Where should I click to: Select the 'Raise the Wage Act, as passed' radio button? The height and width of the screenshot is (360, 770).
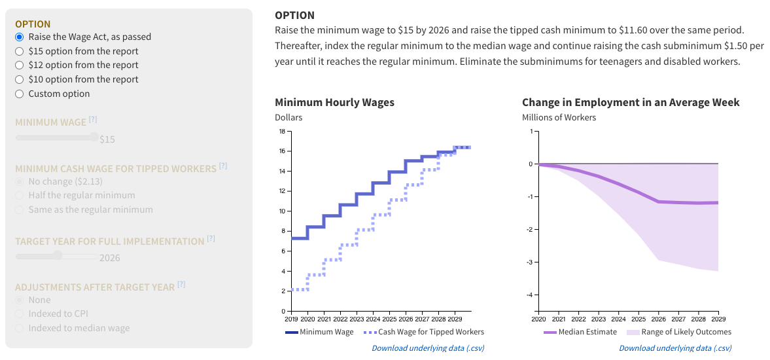(x=20, y=37)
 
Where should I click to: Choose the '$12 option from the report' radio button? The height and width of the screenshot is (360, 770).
(x=20, y=65)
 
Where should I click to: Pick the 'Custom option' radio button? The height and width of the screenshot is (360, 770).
(x=20, y=94)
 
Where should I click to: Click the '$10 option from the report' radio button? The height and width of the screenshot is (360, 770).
(x=20, y=79)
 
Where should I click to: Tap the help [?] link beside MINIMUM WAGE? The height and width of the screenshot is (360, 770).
(x=93, y=120)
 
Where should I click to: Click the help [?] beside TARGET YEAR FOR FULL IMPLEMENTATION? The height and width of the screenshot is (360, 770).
(x=211, y=239)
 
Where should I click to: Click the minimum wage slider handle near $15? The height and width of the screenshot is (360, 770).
(x=96, y=137)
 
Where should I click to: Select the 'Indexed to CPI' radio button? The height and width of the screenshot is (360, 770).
(x=20, y=314)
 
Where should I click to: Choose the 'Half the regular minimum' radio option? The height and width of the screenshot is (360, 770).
(x=20, y=196)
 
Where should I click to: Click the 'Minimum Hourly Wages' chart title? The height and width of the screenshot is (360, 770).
(x=334, y=103)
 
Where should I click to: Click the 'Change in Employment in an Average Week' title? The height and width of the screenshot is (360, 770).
(x=631, y=103)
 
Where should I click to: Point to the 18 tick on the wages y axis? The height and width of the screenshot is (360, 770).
(x=281, y=132)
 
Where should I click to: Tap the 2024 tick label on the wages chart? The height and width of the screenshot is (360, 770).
(x=373, y=319)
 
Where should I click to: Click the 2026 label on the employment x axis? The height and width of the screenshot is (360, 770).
(x=658, y=319)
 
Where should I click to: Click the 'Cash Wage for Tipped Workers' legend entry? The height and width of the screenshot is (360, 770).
(x=421, y=332)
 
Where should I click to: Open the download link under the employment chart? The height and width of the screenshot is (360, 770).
(x=675, y=348)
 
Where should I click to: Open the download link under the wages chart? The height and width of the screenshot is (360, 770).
(x=428, y=348)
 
